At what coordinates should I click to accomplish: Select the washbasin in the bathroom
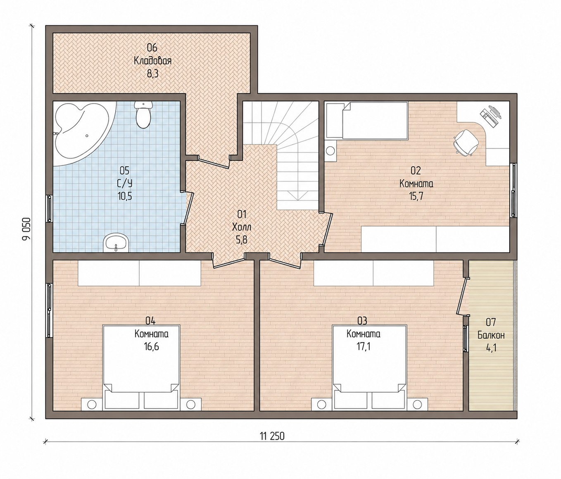tap(116, 242)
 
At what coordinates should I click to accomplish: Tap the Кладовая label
tap(152, 61)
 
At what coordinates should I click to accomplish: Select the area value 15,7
tap(416, 196)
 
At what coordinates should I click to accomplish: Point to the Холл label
tap(242, 227)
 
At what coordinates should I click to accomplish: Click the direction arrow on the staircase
tap(297, 195)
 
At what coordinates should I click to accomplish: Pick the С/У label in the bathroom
tap(125, 184)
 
